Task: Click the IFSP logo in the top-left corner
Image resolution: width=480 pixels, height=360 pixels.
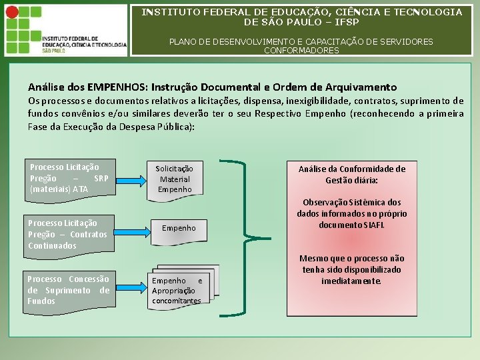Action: [x=64, y=31]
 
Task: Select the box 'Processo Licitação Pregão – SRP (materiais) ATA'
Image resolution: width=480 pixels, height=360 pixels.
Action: [x=69, y=178]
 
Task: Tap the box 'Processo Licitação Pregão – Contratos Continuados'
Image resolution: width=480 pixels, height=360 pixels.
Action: [x=67, y=235]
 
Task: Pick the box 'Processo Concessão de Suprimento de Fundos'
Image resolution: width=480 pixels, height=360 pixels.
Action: [x=68, y=290]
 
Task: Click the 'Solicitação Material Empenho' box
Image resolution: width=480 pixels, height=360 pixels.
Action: [x=174, y=179]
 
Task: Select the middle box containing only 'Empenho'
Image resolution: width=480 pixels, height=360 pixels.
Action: [x=179, y=228]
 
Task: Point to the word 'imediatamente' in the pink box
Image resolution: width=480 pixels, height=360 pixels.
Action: [x=352, y=281]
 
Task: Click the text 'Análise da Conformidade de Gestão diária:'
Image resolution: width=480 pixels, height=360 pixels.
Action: [x=351, y=175]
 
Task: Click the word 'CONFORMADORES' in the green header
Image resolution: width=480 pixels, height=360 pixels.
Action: [x=301, y=51]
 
